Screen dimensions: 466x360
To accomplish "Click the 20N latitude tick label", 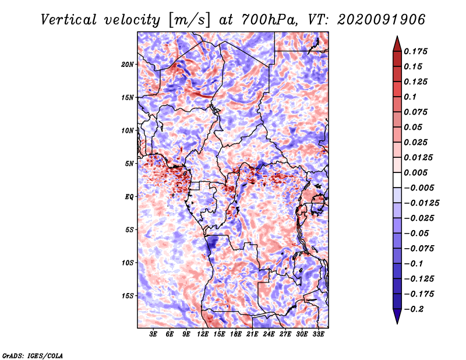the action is pos(128,65).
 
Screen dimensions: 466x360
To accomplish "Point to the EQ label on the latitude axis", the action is pos(129,197).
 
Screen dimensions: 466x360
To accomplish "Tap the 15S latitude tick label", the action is pos(128,296).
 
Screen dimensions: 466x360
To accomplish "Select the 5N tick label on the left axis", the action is pos(129,164).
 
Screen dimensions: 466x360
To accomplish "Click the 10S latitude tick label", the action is pos(128,263).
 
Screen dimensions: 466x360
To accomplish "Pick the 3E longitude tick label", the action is pos(153,334).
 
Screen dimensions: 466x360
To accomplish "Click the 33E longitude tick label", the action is pos(318,334).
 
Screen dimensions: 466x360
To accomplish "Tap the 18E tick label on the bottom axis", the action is pos(236,334).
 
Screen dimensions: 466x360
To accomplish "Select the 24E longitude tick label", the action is pos(269,334).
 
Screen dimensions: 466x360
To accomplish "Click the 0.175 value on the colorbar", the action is pos(415,51).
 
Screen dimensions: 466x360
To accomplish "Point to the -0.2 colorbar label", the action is pos(414,309).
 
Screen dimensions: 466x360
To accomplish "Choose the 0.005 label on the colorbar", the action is pos(415,172).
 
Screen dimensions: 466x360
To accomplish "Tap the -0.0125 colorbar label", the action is pos(421,203).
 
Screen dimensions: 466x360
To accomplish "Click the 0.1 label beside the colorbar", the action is pos(410,97).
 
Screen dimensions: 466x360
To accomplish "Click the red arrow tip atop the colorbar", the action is pos(397,36).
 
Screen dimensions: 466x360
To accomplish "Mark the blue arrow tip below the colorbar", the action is pos(397,323).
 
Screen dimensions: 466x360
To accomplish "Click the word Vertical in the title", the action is pos(69,20).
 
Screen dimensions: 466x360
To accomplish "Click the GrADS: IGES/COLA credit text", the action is pos(33,355).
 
